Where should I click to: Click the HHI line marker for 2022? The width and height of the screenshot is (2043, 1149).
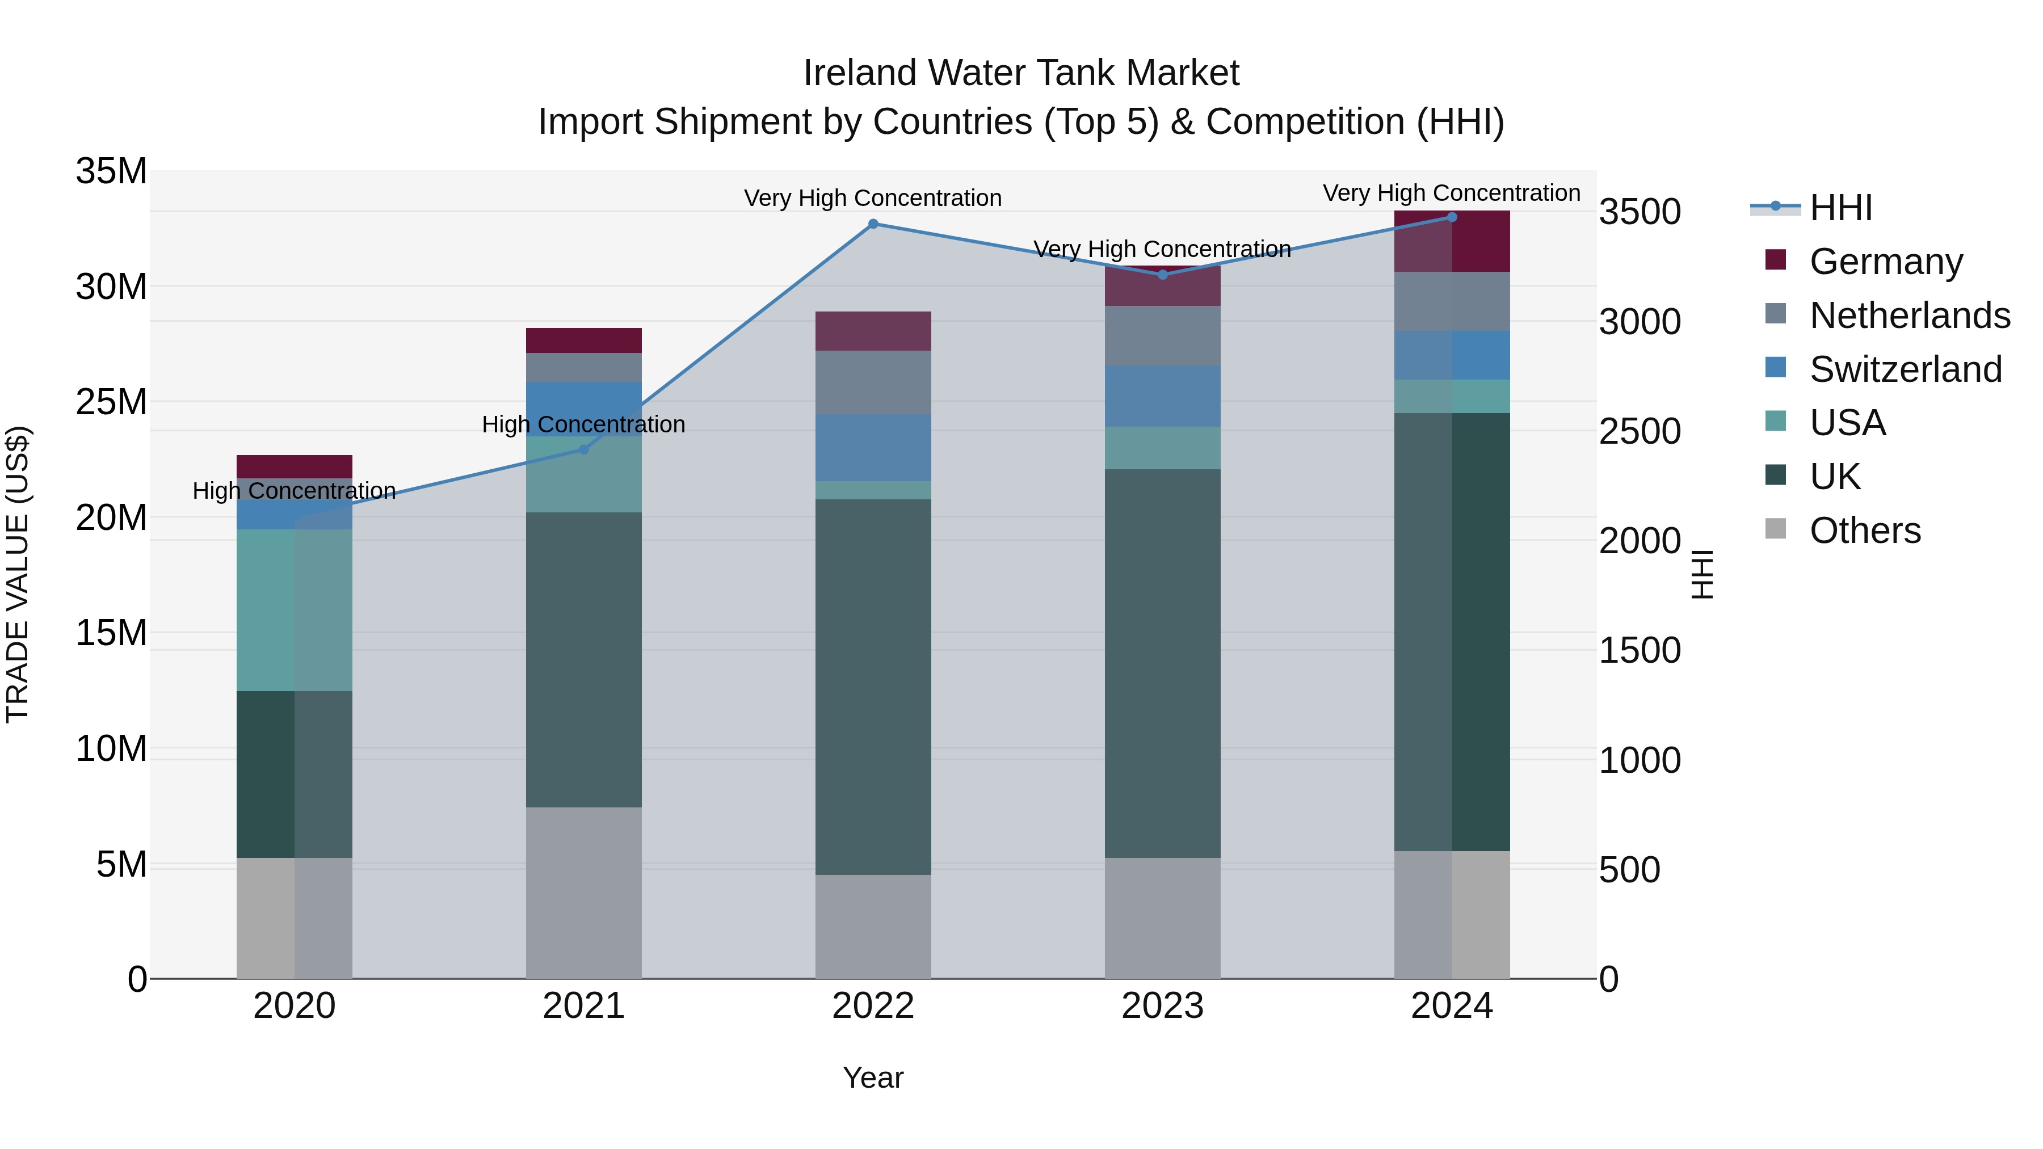873,224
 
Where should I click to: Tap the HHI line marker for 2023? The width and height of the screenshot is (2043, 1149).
1163,275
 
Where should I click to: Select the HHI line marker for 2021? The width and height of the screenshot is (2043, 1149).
584,449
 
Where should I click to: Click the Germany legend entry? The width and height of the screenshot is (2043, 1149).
1885,262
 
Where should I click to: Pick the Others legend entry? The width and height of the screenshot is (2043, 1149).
1865,531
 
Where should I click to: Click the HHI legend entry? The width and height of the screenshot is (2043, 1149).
1840,208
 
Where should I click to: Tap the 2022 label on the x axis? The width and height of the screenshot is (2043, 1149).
873,1006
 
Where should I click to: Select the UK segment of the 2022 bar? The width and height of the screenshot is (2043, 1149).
873,687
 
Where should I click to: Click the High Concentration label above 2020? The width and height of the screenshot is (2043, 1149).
294,491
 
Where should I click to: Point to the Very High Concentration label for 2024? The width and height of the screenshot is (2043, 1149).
1451,193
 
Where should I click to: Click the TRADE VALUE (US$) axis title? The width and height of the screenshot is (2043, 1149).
18,574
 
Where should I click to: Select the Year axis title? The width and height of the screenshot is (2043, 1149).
873,1078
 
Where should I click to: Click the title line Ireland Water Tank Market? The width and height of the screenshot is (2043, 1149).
1021,73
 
